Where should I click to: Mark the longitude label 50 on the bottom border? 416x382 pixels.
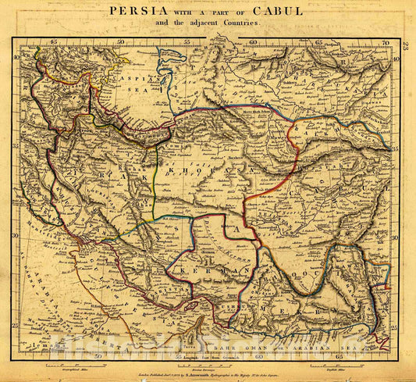click(98, 355)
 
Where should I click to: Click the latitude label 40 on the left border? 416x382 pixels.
click(17, 58)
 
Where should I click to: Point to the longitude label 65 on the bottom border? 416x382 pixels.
click(338, 355)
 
